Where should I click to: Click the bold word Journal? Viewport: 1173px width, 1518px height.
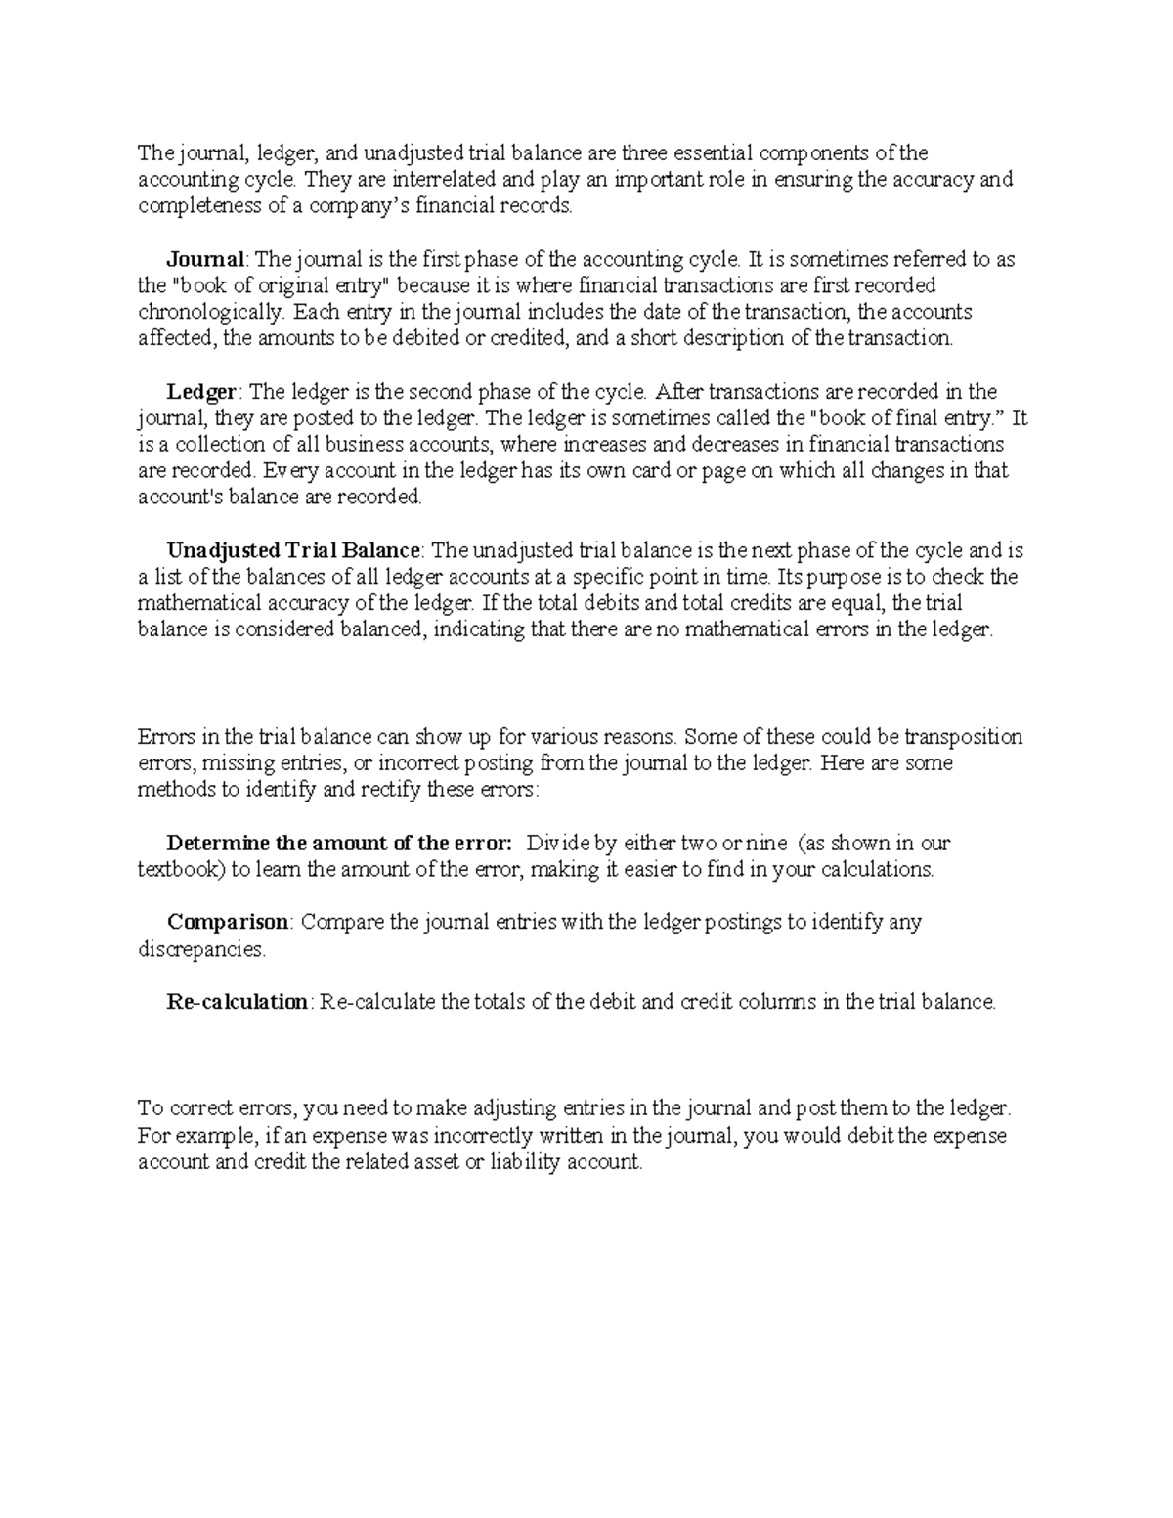click(205, 260)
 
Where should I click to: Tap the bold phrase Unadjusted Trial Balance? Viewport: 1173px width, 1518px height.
click(294, 551)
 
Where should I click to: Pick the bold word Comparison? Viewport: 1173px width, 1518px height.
click(228, 922)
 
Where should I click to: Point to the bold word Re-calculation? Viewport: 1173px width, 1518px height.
click(238, 1002)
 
